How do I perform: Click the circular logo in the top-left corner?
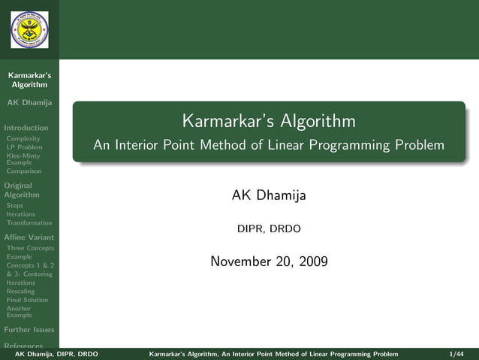tap(29, 29)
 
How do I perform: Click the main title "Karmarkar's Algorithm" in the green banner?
tap(269, 121)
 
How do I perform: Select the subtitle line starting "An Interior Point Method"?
tap(269, 145)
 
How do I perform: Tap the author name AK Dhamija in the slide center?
tap(269, 195)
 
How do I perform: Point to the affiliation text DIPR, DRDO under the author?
tap(269, 228)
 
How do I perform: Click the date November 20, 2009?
tap(269, 262)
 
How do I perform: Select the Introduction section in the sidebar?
tap(26, 128)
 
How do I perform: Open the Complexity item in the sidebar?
tap(23, 139)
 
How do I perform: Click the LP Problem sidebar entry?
tap(24, 147)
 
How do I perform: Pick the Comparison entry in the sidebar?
tap(24, 171)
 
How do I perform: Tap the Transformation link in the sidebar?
tap(29, 222)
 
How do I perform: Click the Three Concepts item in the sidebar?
tap(30, 248)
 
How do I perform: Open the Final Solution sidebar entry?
tap(27, 300)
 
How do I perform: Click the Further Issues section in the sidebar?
tap(29, 329)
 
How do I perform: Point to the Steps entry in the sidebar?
tap(15, 205)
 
